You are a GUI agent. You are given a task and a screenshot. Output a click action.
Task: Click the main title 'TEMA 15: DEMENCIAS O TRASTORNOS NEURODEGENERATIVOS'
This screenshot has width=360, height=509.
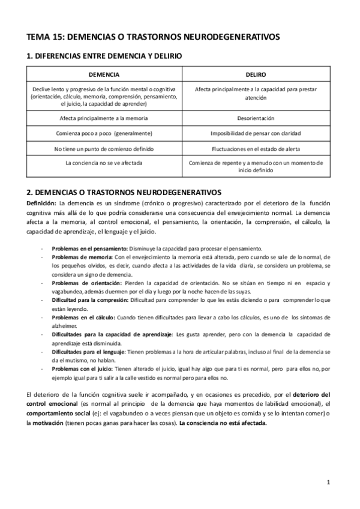(x=153, y=37)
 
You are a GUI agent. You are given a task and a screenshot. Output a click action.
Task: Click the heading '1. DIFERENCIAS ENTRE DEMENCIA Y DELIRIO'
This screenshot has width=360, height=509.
(x=105, y=56)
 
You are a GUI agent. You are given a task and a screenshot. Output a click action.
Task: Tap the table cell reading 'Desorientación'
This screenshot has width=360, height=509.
(x=256, y=118)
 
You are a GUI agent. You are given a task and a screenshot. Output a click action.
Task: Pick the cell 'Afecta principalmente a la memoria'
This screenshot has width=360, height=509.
(x=104, y=118)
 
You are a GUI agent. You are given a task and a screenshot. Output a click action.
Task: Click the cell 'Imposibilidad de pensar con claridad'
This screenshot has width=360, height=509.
(x=256, y=133)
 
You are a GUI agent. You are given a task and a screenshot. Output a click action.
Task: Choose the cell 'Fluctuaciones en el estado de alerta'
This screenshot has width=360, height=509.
(x=256, y=148)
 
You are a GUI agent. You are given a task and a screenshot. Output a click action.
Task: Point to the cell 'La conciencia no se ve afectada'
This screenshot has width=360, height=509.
(x=104, y=163)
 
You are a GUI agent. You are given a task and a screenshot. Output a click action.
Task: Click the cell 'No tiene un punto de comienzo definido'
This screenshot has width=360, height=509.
(x=104, y=148)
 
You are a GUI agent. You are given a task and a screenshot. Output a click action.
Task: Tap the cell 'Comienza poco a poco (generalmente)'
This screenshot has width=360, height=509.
(x=104, y=133)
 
